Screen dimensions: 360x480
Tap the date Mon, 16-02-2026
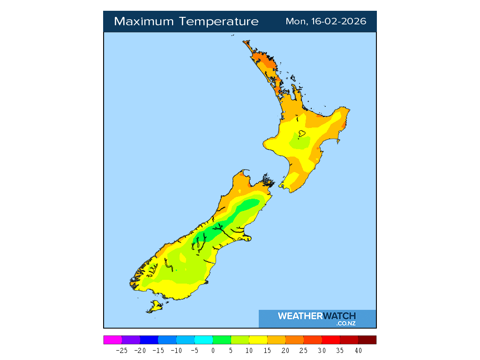click(x=326, y=22)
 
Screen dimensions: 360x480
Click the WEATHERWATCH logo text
click(x=317, y=316)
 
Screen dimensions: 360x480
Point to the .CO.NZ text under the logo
click(x=346, y=323)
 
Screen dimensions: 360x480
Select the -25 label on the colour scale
click(x=122, y=350)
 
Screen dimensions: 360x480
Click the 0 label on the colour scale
click(x=213, y=350)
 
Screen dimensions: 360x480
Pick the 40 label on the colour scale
click(x=358, y=350)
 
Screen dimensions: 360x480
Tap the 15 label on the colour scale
click(x=267, y=350)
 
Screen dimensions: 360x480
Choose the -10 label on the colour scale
click(x=176, y=350)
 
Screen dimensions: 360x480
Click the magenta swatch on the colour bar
click(x=112, y=340)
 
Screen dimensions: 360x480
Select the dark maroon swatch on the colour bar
click(x=367, y=340)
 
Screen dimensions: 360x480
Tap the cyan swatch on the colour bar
click(x=203, y=340)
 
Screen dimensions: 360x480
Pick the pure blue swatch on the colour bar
click(x=149, y=340)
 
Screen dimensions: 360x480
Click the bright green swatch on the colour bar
click(x=222, y=340)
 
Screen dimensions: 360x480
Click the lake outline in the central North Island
click(x=302, y=134)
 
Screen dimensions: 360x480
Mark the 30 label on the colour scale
click(x=322, y=350)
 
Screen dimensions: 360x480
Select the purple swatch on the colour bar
click(x=131, y=340)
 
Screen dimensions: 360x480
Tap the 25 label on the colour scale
click(x=304, y=350)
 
